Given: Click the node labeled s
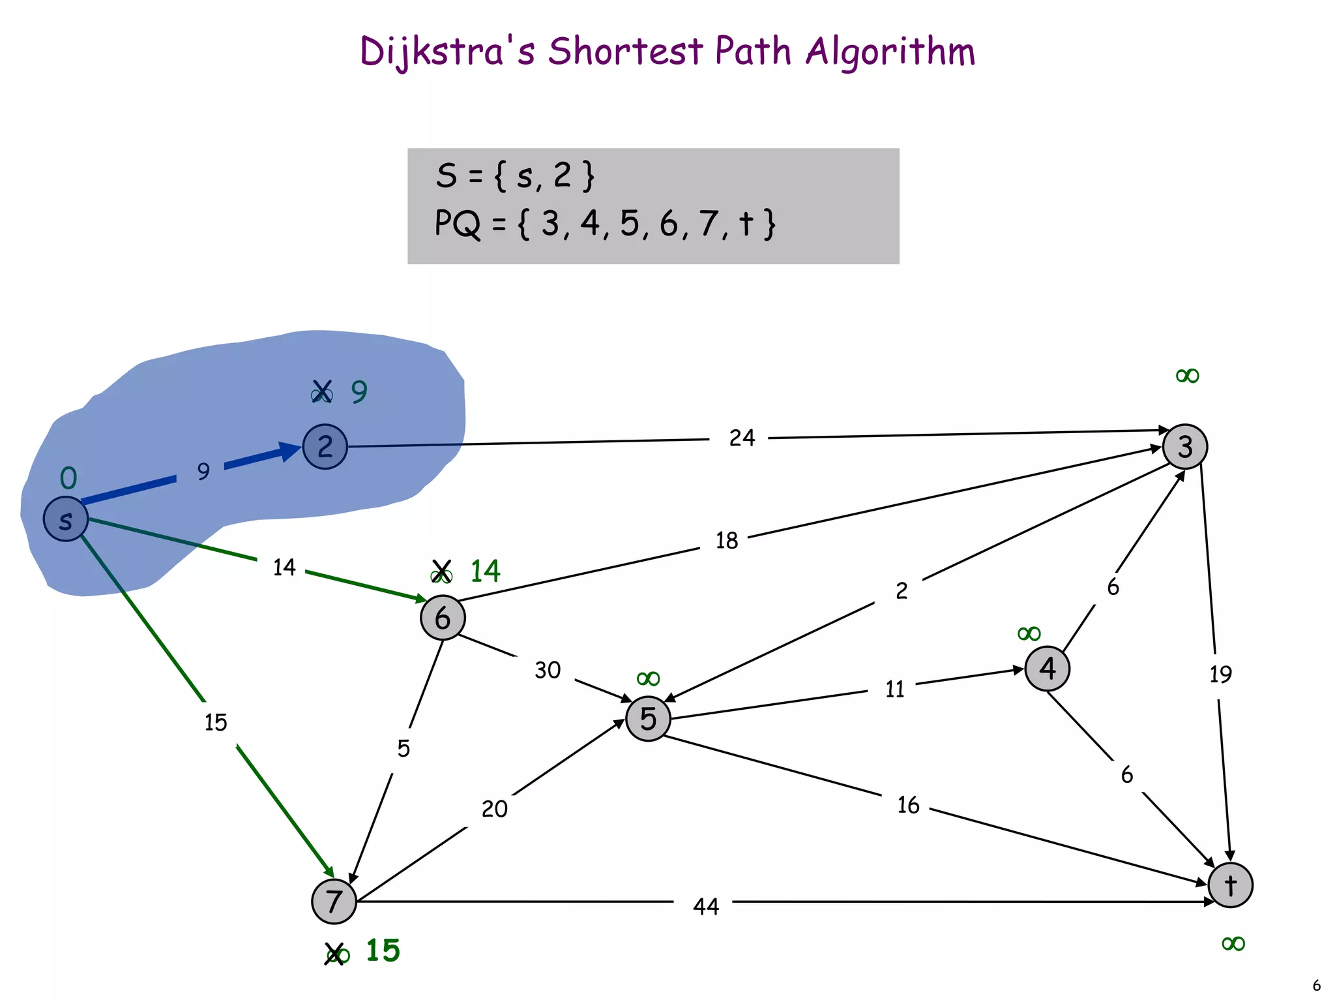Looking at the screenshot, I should point(65,519).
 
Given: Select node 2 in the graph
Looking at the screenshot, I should point(325,447).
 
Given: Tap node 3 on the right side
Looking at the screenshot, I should point(1185,447).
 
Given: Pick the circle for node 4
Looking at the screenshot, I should point(1047,668).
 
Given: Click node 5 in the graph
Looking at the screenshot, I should point(648,719).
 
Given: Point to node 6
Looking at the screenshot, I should point(443,618).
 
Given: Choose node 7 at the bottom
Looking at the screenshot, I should point(334,902).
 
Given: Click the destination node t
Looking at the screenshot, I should point(1230,885).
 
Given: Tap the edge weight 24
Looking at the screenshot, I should point(742,438).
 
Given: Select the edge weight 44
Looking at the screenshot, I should point(706,906).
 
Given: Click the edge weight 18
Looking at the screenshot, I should point(727,541).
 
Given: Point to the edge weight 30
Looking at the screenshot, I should point(548,670).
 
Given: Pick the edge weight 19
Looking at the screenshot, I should point(1220,674).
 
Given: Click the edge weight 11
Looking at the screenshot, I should point(894,689).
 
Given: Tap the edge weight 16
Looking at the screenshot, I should point(908,805).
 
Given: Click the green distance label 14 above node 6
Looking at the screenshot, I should point(485,571).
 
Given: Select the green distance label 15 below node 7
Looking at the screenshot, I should point(383,950).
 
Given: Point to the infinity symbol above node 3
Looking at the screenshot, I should point(1187,376).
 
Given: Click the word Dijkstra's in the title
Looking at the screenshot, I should point(447,52).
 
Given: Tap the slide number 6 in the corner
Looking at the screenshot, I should point(1316,985).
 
